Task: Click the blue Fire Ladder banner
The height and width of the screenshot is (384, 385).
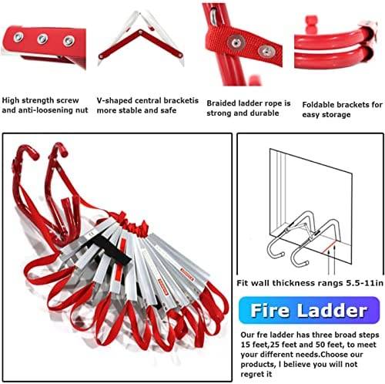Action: [309, 310]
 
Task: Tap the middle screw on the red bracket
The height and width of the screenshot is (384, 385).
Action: [42, 39]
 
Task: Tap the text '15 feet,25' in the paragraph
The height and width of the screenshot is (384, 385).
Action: [260, 345]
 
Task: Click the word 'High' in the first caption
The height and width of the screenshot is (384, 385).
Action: [11, 100]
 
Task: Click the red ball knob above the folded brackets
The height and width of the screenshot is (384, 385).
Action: [311, 22]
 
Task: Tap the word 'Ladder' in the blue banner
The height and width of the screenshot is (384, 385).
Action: [332, 310]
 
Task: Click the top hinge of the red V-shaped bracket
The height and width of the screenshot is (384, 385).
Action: [140, 32]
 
